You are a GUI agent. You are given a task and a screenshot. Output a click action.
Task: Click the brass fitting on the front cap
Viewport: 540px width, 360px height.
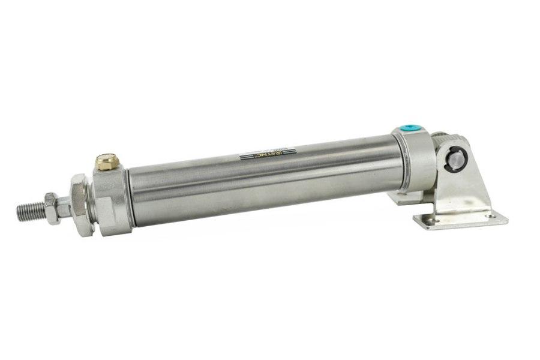pyautogui.click(x=108, y=161)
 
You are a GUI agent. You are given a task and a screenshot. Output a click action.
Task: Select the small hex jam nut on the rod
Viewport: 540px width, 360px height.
pyautogui.click(x=52, y=206)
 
